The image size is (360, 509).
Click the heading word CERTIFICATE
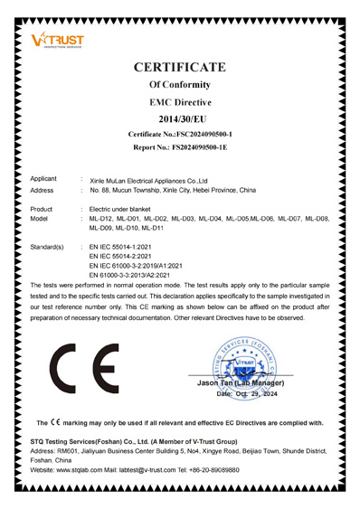[x=179, y=67]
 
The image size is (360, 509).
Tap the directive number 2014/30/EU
[x=179, y=118]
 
